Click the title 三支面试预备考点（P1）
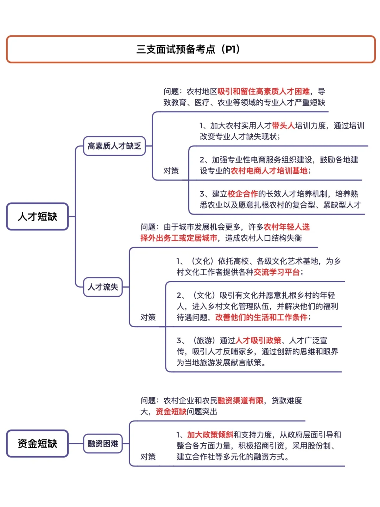point(188,49)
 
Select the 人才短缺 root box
point(37,216)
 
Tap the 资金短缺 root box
point(37,443)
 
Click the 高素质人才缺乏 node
point(114,146)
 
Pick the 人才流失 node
point(103,287)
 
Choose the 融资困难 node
point(103,443)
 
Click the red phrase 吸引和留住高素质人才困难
point(264,92)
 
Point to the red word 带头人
point(283,126)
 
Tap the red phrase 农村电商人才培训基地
point(269,171)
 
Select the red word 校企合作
point(243,194)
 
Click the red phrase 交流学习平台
point(277,272)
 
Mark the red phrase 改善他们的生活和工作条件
point(261,317)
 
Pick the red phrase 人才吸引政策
point(258,340)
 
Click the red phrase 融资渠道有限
point(240,401)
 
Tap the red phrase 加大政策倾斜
point(210,435)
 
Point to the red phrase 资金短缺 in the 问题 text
point(171,412)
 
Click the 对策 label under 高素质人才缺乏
point(171,171)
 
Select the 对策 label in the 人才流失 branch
point(148,317)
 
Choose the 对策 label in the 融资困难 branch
point(148,457)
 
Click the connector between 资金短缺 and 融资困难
point(76,443)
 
